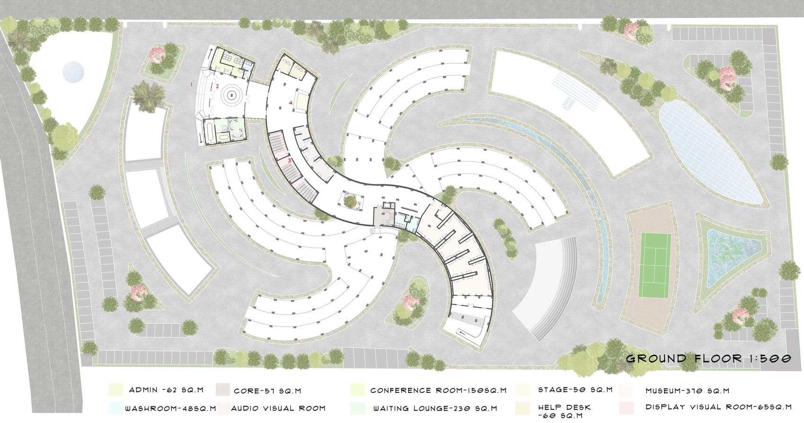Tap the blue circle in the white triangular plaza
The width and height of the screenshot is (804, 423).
pos(73,72)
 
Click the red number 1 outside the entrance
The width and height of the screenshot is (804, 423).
pos(192,85)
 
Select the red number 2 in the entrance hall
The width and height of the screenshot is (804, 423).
pos(217,86)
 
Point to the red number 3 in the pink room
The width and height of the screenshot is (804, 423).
pos(289,160)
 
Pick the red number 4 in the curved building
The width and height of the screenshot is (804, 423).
pos(291,103)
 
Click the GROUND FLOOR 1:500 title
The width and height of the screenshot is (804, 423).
pos(708,358)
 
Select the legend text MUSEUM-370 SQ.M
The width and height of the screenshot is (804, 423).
pos(687,391)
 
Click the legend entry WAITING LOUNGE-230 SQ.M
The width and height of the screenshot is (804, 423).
pos(435,408)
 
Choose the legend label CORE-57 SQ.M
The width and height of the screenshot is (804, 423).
pos(267,391)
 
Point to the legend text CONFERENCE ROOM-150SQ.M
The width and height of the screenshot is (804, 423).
pos(438,390)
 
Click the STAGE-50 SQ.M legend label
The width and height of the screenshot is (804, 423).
pos(575,389)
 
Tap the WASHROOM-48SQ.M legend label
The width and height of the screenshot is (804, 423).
pos(170,408)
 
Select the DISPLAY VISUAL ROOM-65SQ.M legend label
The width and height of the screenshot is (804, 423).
pos(718,407)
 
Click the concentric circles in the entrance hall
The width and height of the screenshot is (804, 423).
pos(232,95)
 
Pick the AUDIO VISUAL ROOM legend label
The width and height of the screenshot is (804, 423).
pos(278,408)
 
